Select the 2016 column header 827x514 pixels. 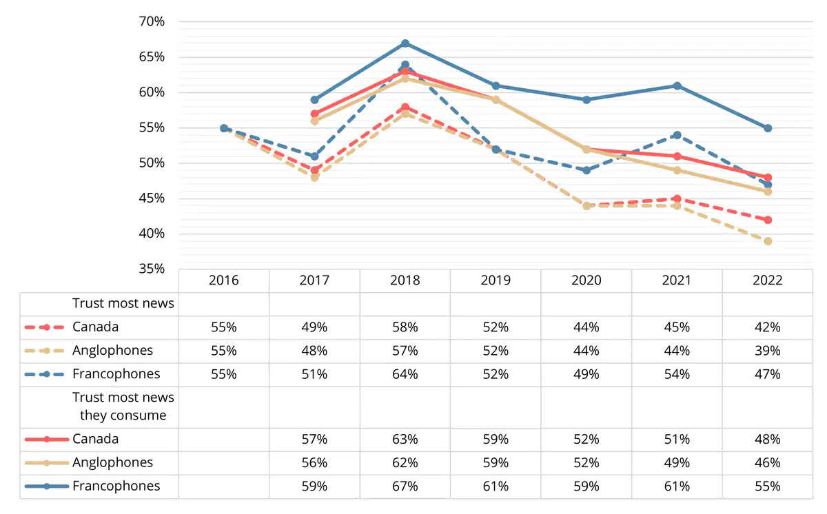223,280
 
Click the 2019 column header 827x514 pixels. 496,280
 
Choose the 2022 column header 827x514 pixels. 767,280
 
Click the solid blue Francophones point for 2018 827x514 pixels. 405,43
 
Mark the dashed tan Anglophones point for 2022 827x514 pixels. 768,241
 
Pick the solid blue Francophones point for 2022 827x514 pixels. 768,128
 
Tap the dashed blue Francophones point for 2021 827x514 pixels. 677,135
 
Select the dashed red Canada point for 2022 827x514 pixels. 768,220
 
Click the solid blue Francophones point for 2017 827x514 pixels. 314,100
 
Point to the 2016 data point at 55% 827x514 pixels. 223,128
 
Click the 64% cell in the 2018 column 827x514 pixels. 405,374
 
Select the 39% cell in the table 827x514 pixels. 767,351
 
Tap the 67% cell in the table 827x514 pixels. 405,486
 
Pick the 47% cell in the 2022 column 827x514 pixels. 767,374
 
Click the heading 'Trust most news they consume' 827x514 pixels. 123,407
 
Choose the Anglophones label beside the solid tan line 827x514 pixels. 112,462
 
